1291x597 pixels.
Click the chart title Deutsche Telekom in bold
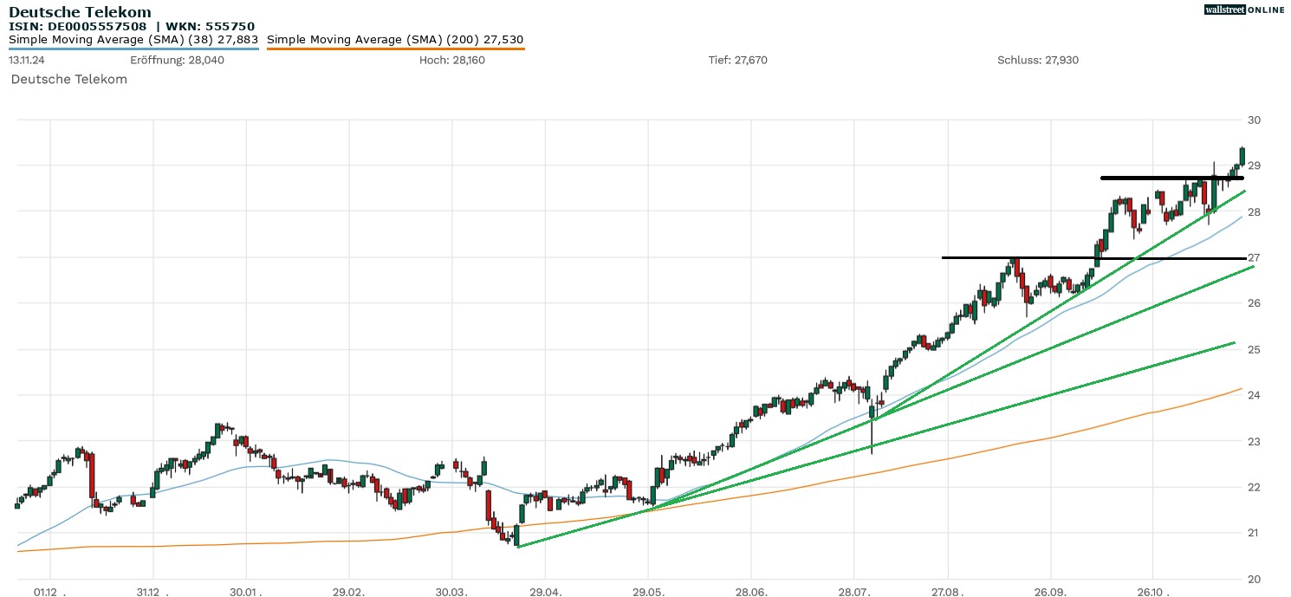click(80, 12)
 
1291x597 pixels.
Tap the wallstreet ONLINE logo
click(1244, 10)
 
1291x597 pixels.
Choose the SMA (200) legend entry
click(395, 40)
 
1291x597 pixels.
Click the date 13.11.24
click(28, 60)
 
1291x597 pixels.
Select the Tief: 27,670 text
click(737, 60)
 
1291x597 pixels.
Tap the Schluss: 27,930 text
click(1038, 60)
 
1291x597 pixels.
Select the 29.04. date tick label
click(546, 593)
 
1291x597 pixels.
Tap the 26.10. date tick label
click(1154, 593)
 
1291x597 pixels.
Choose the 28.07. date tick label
click(855, 593)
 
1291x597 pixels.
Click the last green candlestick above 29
click(1242, 156)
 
